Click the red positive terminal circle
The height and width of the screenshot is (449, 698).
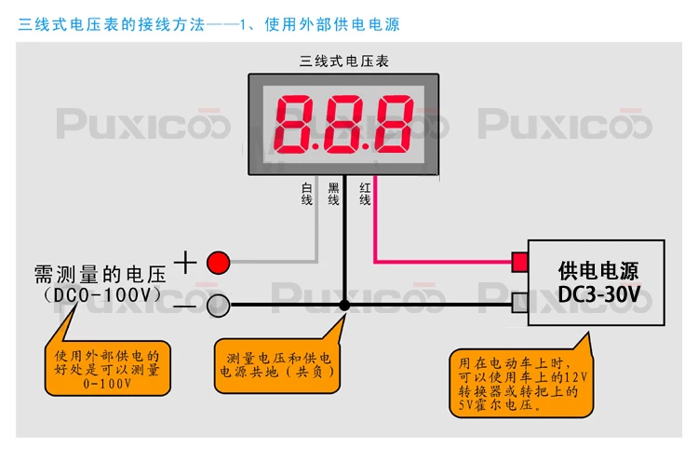point(218,262)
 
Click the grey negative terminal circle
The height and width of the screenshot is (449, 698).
point(218,305)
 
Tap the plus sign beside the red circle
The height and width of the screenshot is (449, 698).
point(186,262)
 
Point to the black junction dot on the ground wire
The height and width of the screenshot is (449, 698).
point(344,305)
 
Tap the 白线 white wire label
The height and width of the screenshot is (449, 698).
point(307,194)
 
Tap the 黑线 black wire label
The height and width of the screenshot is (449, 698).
point(334,194)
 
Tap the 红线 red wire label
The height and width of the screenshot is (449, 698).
point(365,194)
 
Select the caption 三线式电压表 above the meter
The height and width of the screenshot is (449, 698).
point(344,61)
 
